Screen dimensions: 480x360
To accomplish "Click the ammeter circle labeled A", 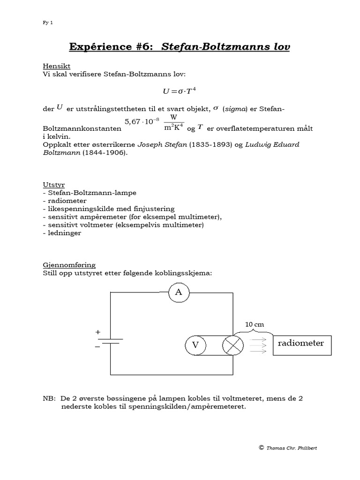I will click(178, 293).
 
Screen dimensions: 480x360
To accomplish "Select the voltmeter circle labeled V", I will click(195, 345).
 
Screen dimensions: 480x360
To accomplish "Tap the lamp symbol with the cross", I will click(233, 345).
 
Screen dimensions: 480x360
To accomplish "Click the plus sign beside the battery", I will click(98, 332).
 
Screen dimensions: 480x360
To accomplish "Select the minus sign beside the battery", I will click(98, 347).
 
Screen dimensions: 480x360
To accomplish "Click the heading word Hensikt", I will click(56, 66).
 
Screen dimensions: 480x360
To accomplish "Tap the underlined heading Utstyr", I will click(53, 185).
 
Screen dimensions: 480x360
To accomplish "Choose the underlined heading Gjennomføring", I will click(69, 265).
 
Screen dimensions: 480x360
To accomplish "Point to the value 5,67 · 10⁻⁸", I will click(142, 123).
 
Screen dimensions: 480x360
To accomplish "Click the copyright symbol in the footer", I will click(261, 448).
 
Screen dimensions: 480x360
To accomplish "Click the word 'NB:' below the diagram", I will click(49, 399).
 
